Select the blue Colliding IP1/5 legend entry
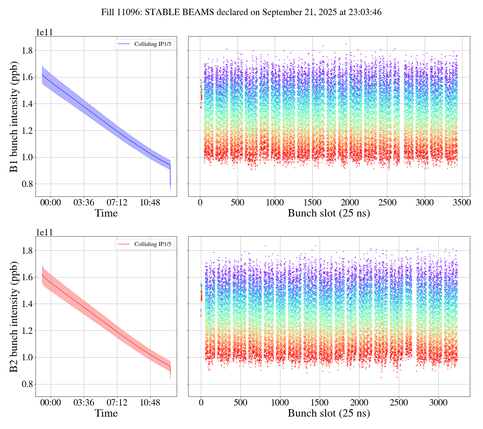pyautogui.click(x=145, y=44)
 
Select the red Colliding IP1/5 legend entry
pyautogui.click(x=145, y=244)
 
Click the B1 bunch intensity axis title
pyautogui.click(x=14, y=117)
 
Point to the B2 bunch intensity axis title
pyautogui.click(x=14, y=317)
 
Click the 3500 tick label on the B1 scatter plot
pyautogui.click(x=462, y=202)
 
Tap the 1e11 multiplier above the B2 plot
pyautogui.click(x=44, y=232)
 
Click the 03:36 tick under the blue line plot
pyautogui.click(x=84, y=202)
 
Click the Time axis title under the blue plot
pyautogui.click(x=106, y=213)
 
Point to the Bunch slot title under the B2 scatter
pyautogui.click(x=329, y=413)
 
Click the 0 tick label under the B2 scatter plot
pyautogui.click(x=201, y=403)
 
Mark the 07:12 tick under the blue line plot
pyautogui.click(x=117, y=202)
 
